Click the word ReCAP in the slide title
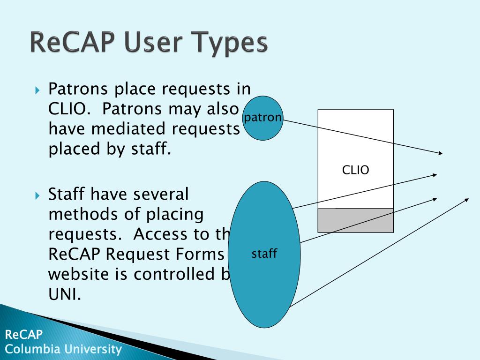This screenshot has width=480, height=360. tap(70, 42)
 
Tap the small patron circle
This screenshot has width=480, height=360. tap(263, 118)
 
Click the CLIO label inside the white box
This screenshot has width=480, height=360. tap(355, 170)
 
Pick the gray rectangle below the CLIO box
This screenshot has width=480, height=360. tap(355, 220)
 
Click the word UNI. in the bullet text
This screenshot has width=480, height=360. tap(65, 294)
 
